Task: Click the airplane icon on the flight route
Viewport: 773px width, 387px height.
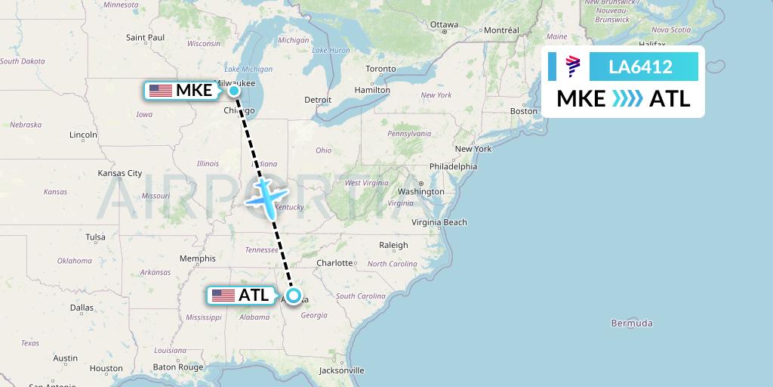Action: click(x=265, y=196)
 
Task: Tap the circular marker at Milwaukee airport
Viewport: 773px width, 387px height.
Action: click(x=234, y=91)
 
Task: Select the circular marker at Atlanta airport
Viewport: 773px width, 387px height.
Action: click(x=293, y=296)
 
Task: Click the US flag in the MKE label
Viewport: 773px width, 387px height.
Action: click(x=161, y=91)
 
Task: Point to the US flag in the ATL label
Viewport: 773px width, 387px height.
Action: click(x=223, y=296)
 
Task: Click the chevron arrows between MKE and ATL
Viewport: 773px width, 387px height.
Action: click(x=627, y=98)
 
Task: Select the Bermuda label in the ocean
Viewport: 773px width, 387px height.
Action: click(x=633, y=324)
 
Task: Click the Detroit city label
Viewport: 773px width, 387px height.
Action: click(x=318, y=100)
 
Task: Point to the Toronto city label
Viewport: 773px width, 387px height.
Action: click(x=380, y=69)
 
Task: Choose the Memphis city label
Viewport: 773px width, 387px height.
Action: click(x=197, y=259)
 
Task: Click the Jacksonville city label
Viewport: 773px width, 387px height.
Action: click(x=341, y=370)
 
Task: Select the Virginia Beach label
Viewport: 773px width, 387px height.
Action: click(x=439, y=222)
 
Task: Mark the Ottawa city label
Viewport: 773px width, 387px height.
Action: click(x=445, y=24)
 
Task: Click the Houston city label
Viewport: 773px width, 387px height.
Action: click(x=106, y=368)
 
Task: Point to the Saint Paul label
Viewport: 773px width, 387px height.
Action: click(x=145, y=37)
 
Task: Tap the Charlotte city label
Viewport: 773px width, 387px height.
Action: click(x=335, y=263)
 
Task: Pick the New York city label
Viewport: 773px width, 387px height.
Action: click(x=473, y=149)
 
